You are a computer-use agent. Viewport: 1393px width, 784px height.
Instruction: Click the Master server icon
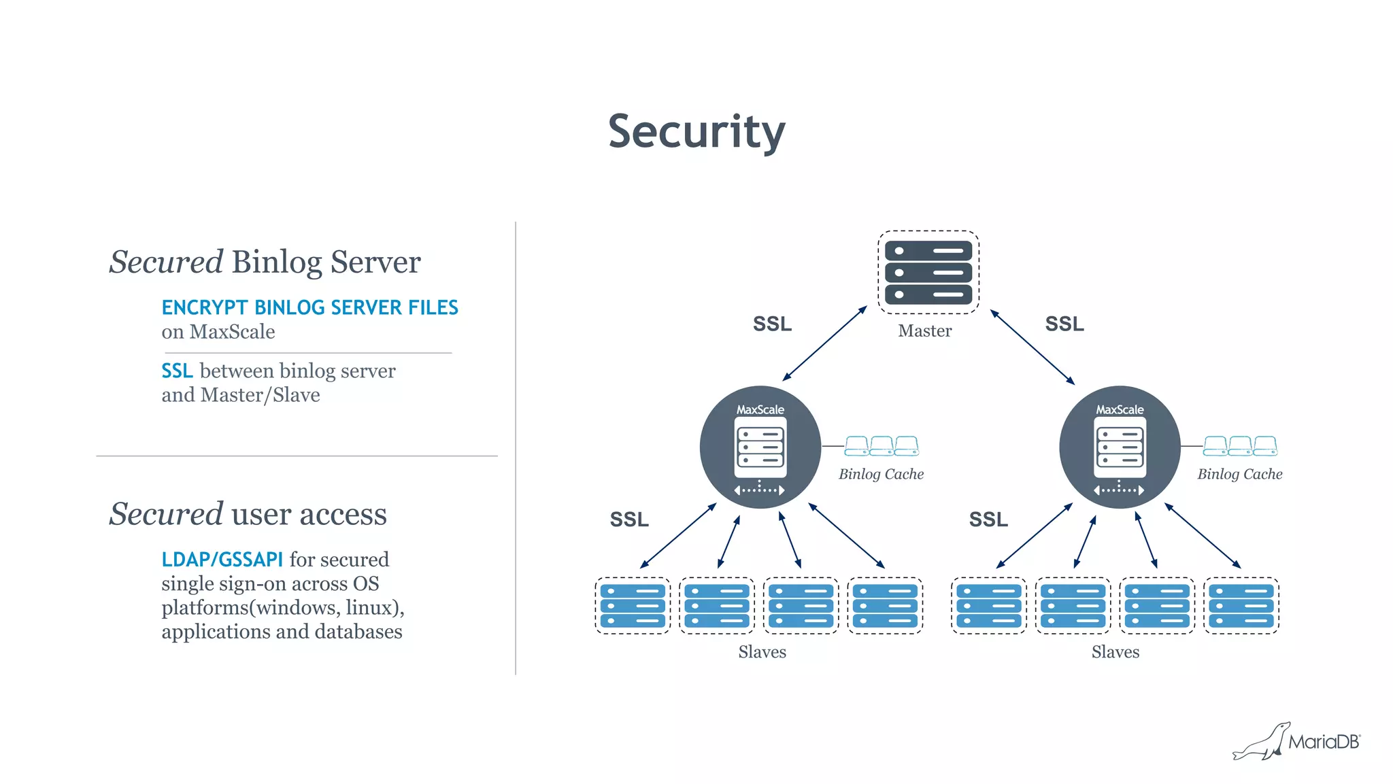(x=928, y=272)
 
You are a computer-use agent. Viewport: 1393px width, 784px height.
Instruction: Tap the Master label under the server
(x=924, y=331)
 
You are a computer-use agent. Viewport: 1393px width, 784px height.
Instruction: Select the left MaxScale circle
(x=760, y=447)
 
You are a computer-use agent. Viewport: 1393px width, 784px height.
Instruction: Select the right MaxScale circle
(x=1120, y=447)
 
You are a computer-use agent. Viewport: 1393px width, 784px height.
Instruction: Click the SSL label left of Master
(x=772, y=324)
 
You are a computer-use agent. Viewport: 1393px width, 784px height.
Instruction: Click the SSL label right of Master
(x=1064, y=324)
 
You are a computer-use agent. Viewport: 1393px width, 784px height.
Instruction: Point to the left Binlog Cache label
(x=881, y=474)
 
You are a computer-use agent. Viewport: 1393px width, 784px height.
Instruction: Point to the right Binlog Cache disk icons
(x=1240, y=446)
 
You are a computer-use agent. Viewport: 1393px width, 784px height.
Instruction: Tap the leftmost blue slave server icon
(x=633, y=606)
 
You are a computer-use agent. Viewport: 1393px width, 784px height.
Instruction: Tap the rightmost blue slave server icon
(x=1241, y=606)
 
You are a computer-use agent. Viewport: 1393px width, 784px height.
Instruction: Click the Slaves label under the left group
(x=762, y=652)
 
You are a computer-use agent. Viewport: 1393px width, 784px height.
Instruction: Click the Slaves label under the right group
(x=1115, y=652)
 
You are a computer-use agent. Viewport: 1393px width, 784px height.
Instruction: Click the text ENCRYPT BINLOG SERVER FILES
(x=309, y=307)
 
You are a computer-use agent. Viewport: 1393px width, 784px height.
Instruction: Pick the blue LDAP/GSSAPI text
(x=222, y=560)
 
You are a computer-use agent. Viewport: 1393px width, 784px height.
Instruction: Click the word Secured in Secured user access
(x=166, y=514)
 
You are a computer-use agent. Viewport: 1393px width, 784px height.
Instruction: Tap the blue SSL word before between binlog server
(x=177, y=371)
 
